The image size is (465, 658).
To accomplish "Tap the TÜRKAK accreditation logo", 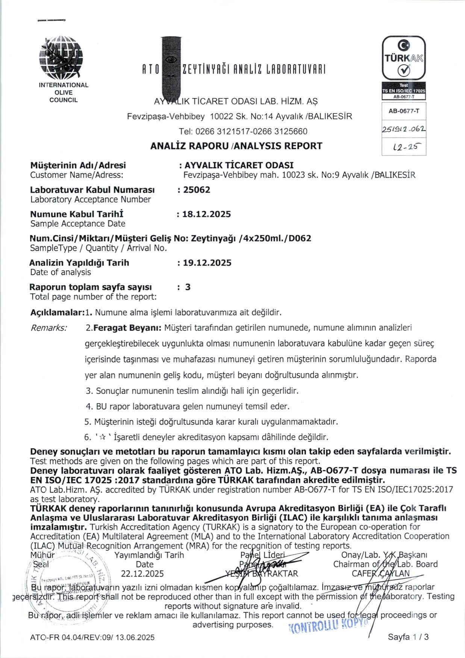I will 404,59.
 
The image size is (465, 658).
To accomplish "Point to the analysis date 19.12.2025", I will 207,263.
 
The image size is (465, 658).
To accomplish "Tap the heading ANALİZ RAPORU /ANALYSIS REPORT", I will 236,146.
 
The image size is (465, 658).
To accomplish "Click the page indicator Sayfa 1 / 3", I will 408,637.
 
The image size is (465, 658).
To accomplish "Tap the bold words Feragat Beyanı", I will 127,328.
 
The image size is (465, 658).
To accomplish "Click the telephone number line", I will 243,131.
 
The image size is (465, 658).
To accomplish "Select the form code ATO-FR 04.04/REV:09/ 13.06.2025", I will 92,637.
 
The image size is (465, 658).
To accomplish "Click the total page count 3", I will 188,287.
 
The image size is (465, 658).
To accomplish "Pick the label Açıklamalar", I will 57,312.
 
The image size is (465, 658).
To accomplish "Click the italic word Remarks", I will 48,328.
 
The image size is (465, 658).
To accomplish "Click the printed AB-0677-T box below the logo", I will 404,111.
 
